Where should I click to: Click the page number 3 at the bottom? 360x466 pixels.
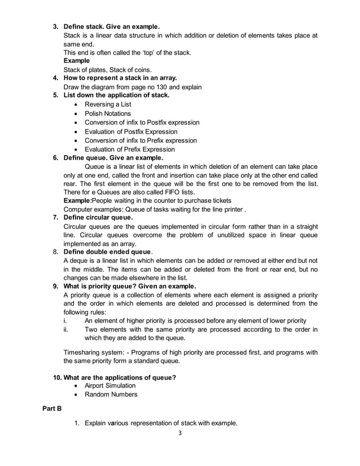click(x=179, y=433)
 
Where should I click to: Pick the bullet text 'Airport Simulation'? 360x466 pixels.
click(x=110, y=385)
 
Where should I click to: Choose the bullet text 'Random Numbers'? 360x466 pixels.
click(x=111, y=394)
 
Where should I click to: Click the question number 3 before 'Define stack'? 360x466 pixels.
click(x=55, y=27)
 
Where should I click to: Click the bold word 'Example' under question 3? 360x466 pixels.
click(x=76, y=60)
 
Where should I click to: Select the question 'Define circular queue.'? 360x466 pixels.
click(x=98, y=217)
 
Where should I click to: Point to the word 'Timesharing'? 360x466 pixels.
click(x=83, y=353)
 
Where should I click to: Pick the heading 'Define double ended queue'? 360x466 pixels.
click(x=107, y=251)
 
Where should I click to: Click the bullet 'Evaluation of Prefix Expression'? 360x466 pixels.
click(x=129, y=150)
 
